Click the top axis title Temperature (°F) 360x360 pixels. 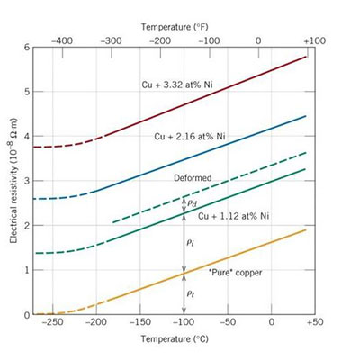point(177,15)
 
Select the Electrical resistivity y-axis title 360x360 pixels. point(13,180)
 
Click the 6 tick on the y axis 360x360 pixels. point(27,48)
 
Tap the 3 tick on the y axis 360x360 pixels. point(27,181)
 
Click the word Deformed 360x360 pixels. point(192,179)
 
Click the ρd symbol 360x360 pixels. point(192,203)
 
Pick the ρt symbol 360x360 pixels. point(191,293)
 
